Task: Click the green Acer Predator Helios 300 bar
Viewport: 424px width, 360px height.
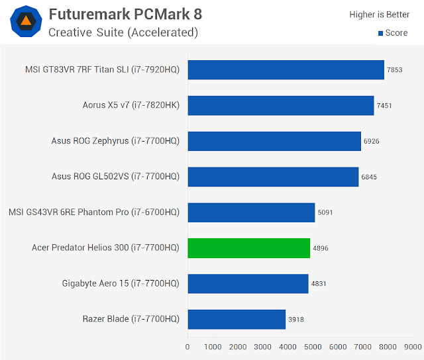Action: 249,248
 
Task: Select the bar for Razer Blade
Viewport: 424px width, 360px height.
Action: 237,319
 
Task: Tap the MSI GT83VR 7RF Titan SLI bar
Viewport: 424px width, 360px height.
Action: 286,69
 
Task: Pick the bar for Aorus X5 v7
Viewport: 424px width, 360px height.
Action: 281,105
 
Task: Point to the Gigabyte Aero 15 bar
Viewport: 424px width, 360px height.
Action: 248,284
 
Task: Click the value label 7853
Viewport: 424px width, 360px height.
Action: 395,70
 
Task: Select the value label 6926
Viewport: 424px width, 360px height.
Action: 371,141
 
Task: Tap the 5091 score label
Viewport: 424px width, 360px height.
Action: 325,212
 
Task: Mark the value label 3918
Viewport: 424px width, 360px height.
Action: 296,320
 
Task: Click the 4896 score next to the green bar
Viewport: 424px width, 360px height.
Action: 321,248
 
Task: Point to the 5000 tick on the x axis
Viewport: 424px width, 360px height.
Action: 313,347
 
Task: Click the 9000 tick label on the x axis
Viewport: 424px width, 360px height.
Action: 413,347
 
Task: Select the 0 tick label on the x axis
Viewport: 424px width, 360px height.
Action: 187,347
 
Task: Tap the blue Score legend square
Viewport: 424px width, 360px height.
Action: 380,33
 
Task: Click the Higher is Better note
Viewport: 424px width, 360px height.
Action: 380,15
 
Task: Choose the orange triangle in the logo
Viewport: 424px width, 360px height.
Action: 26,21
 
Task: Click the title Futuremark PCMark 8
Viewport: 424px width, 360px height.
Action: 125,15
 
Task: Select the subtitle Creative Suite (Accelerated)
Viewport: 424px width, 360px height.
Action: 123,32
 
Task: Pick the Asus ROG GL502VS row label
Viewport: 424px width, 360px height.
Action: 115,177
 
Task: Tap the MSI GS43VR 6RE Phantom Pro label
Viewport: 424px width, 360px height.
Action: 94,212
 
